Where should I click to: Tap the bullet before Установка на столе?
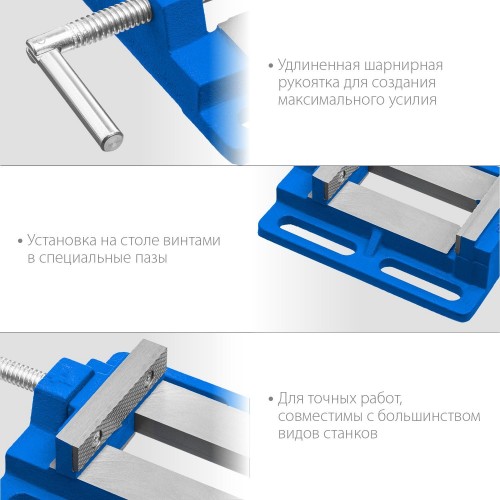20,242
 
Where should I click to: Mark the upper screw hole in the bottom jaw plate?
151,376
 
